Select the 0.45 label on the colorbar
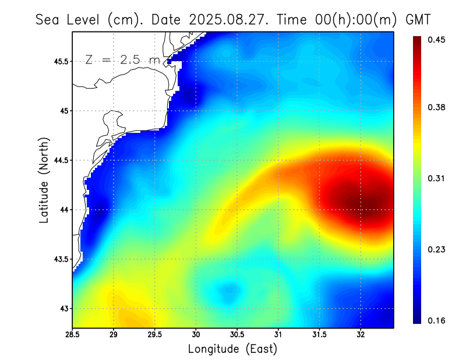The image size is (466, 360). click(x=437, y=40)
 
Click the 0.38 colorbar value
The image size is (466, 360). click(x=437, y=107)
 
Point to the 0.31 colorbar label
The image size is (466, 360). click(x=437, y=178)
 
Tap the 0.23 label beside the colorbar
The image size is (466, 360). click(x=437, y=249)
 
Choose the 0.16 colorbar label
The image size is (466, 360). click(x=437, y=320)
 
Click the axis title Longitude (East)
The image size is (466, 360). click(x=232, y=349)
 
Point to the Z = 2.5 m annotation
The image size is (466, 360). click(x=122, y=59)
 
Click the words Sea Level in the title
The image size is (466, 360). click(x=69, y=19)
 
